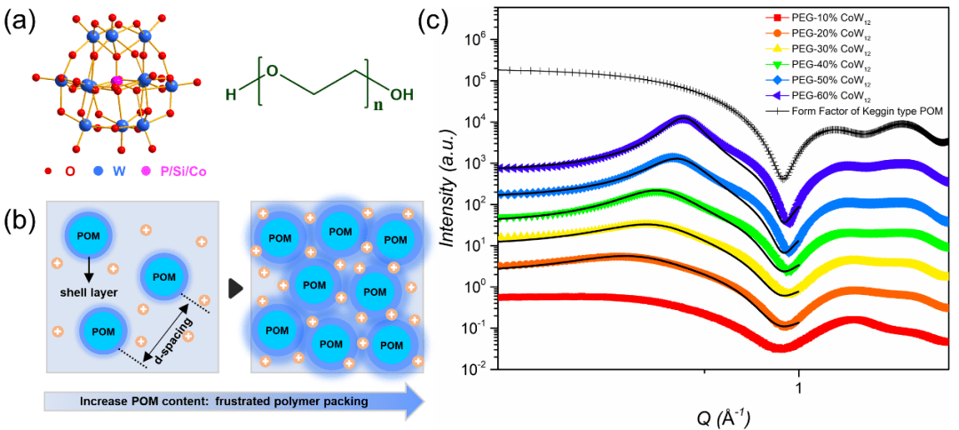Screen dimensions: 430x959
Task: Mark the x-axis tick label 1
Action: pos(798,387)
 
